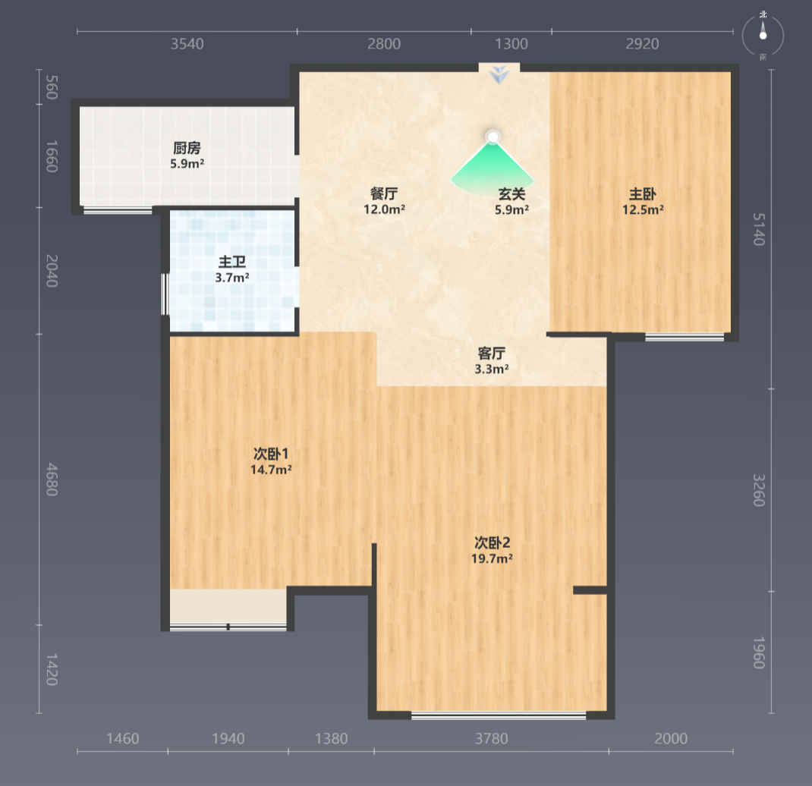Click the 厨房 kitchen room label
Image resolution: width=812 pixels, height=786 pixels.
coord(187,148)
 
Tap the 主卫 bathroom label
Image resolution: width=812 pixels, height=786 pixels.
coord(232,262)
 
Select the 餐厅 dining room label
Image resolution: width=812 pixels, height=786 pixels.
coord(384,194)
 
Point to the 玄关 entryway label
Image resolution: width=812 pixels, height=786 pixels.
coord(511,194)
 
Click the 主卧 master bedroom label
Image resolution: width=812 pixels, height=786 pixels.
coord(643,194)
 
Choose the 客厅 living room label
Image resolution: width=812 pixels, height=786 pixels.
coord(492,354)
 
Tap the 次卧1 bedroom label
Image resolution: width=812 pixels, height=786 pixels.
coord(271,454)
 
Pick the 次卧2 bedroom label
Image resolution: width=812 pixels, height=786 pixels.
coord(492,542)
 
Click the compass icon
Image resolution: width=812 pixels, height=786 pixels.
coord(763,36)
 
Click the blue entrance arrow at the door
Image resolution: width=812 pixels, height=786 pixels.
coord(499,74)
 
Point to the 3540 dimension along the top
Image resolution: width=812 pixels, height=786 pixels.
coord(187,44)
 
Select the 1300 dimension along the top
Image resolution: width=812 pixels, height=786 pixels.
coord(511,44)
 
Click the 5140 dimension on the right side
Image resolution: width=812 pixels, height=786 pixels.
coord(759,229)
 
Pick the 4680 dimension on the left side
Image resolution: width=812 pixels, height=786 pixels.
coord(52,479)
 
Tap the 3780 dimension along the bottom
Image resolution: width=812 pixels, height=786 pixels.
coord(492,738)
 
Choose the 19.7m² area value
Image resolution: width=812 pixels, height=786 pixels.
coord(492,558)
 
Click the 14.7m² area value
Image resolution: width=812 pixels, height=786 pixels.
coord(271,470)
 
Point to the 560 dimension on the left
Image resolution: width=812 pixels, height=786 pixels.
coord(52,87)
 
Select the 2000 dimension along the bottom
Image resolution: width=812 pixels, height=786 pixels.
coord(671,738)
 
